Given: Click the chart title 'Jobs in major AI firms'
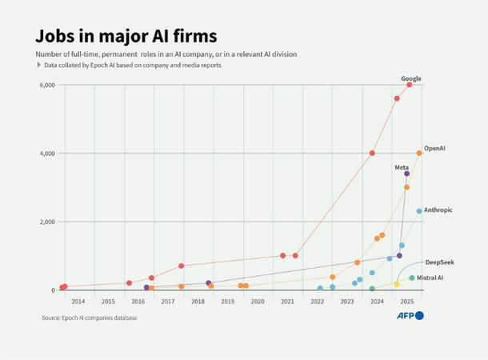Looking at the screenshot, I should click(126, 36).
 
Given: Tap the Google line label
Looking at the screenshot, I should click(411, 78).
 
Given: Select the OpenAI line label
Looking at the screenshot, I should click(434, 148).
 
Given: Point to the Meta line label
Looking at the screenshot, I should click(402, 167).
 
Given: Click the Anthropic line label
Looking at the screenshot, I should click(438, 210).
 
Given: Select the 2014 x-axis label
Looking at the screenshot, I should click(78, 302).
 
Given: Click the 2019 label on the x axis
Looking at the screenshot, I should click(227, 302).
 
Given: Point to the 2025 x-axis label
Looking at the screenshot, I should click(406, 302).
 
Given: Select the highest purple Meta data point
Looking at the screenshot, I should click(406, 174).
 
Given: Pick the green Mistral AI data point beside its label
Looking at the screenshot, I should click(412, 278).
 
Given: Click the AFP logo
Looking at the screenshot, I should click(410, 316).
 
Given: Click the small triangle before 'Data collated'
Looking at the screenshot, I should click(39, 65).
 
